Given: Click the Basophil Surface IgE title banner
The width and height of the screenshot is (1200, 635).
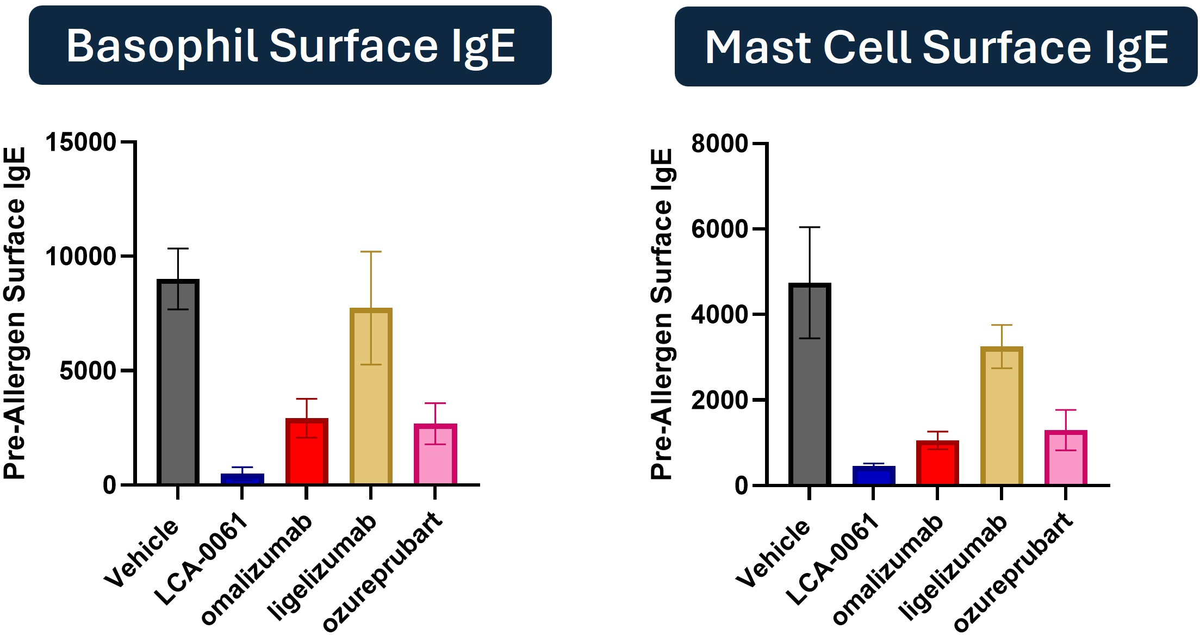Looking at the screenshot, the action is (x=290, y=45).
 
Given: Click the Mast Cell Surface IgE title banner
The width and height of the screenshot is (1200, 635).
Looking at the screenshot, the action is (x=936, y=46).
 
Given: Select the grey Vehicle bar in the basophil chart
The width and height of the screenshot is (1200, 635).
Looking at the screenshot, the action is (x=178, y=382).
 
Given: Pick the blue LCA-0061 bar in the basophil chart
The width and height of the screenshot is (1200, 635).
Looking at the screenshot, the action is (x=242, y=479).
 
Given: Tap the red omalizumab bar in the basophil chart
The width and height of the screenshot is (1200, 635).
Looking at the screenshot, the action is (x=307, y=451).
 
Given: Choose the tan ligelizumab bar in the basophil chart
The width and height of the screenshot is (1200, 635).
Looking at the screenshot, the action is (x=371, y=396).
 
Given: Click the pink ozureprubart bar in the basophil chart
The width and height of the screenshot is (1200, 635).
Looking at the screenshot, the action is (x=435, y=454).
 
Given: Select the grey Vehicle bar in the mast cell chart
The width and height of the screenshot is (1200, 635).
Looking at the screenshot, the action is (x=810, y=384).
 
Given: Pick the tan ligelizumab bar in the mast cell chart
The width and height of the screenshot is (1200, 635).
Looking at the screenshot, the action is (x=1002, y=415).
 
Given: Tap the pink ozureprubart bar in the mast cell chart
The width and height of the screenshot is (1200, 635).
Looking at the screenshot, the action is (x=1066, y=457).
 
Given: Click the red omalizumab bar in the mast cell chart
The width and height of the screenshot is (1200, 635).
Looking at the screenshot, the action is (x=937, y=462).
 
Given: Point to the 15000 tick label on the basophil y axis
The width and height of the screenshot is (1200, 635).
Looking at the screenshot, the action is (x=81, y=142).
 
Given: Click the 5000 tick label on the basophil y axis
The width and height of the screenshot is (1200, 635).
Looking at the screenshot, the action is (x=88, y=371).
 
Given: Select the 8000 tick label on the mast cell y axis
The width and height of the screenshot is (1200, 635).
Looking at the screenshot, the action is (x=720, y=144).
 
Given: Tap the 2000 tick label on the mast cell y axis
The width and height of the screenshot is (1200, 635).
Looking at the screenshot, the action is (x=720, y=400).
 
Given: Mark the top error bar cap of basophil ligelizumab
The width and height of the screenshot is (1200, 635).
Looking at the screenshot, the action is (x=371, y=252).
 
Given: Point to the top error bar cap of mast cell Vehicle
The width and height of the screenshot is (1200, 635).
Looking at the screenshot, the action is (x=810, y=227).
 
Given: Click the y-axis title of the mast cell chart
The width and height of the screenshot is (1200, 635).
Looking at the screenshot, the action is (x=662, y=314).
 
